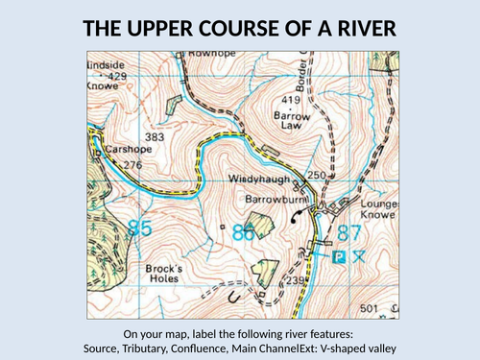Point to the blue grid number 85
click(139, 228)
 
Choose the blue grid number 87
click(348, 232)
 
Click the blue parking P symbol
click(338, 256)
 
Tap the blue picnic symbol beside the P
click(359, 256)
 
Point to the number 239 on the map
click(298, 280)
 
